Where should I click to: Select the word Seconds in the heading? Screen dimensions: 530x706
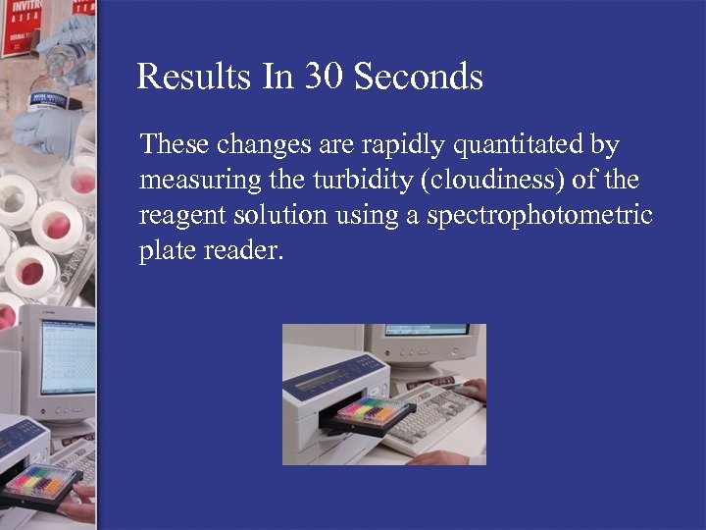click(419, 77)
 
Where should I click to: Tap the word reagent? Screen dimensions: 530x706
click(179, 216)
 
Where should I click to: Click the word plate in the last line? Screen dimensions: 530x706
click(165, 250)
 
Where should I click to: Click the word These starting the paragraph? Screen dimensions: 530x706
click(175, 146)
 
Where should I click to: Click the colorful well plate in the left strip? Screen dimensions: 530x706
click(41, 481)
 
